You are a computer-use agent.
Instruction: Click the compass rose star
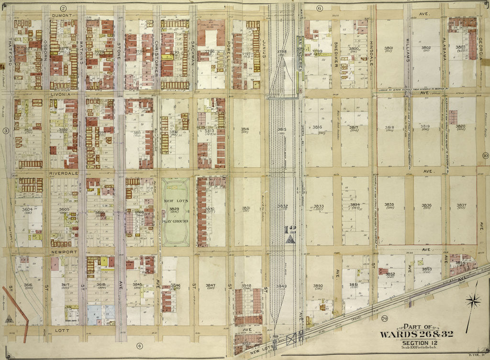pyautogui.click(x=473, y=301)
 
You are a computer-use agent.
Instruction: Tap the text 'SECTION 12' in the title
pyautogui.click(x=421, y=343)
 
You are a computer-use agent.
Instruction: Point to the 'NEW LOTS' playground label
pyautogui.click(x=175, y=202)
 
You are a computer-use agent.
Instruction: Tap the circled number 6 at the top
pyautogui.click(x=320, y=8)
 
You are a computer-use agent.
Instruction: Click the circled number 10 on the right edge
pyautogui.click(x=485, y=155)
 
